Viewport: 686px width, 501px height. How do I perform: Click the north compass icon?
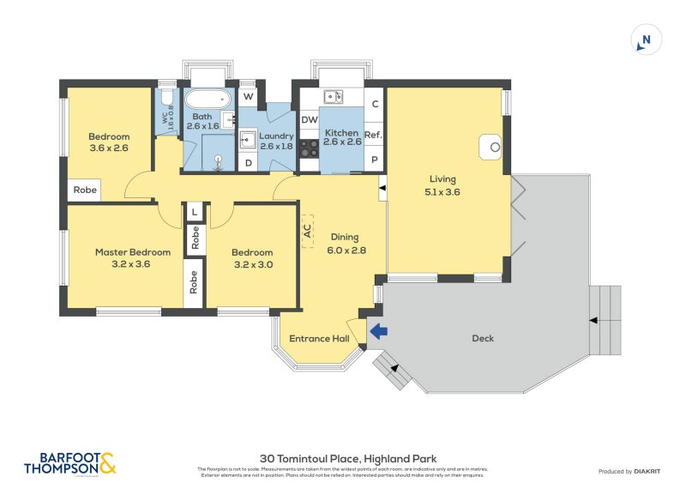(x=647, y=39)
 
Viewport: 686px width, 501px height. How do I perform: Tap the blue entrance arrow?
(x=377, y=331)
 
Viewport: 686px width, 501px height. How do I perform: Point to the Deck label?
(x=483, y=338)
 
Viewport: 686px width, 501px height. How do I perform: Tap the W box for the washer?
(x=248, y=96)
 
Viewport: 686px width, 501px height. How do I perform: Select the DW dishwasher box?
(x=310, y=120)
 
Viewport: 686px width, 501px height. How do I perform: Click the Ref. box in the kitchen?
(x=373, y=135)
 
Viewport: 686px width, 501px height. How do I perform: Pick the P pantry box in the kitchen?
(x=374, y=160)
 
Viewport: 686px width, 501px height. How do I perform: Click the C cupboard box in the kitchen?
(x=374, y=105)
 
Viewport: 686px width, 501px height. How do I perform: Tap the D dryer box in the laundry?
(x=248, y=161)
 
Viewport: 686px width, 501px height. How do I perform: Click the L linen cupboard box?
(x=195, y=212)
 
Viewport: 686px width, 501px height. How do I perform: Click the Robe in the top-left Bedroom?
(x=84, y=190)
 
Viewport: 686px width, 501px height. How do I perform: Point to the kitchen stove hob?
(x=310, y=147)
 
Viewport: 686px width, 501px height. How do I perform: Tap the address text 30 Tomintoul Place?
(x=347, y=459)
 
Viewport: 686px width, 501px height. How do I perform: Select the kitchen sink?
(x=333, y=96)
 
